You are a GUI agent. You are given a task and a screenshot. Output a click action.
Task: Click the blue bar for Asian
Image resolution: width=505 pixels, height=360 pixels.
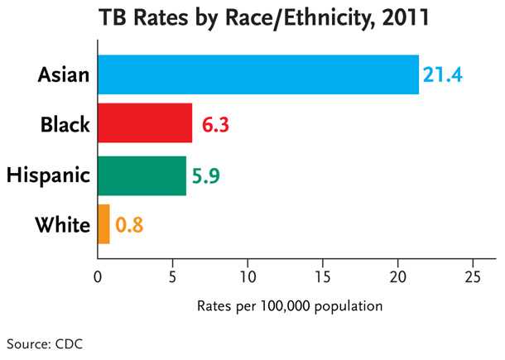pyautogui.click(x=258, y=74)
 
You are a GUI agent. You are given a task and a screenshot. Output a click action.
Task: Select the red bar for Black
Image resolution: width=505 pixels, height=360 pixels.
pyautogui.click(x=145, y=124)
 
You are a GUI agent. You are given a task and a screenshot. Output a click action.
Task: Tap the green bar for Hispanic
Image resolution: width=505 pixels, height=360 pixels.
pyautogui.click(x=142, y=175)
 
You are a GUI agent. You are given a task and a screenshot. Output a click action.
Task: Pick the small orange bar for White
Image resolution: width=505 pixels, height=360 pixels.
pyautogui.click(x=103, y=223)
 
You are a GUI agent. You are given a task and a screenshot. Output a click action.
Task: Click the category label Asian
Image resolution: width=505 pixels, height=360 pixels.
pyautogui.click(x=64, y=75)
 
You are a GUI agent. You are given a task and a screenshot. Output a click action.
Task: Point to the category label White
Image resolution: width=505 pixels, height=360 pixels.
pyautogui.click(x=62, y=224)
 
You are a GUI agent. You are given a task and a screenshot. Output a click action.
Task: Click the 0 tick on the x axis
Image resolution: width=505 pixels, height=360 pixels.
pyautogui.click(x=98, y=276)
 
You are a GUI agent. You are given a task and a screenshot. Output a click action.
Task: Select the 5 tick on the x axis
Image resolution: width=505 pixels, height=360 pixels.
pyautogui.click(x=172, y=276)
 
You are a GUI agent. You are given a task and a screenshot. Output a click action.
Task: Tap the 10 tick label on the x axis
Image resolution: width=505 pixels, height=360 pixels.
pyautogui.click(x=248, y=276)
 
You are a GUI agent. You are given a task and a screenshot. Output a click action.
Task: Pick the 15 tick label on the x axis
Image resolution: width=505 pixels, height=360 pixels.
pyautogui.click(x=323, y=276)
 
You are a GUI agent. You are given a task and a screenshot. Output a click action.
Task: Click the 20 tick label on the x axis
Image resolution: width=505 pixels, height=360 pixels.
pyautogui.click(x=398, y=276)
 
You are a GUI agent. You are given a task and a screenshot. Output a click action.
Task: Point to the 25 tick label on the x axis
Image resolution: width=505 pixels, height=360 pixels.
pyautogui.click(x=473, y=276)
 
